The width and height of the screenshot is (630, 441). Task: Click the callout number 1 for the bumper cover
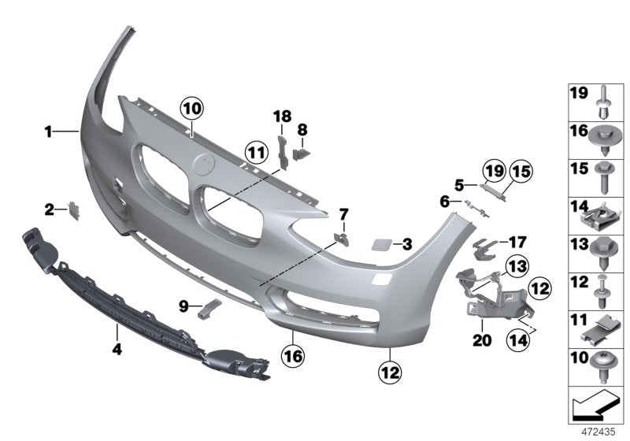coord(48,133)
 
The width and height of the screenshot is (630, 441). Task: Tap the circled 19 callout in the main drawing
coord(493,169)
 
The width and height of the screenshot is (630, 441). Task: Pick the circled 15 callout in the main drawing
coord(521,169)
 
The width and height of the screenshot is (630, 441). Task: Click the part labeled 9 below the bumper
coord(209,308)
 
